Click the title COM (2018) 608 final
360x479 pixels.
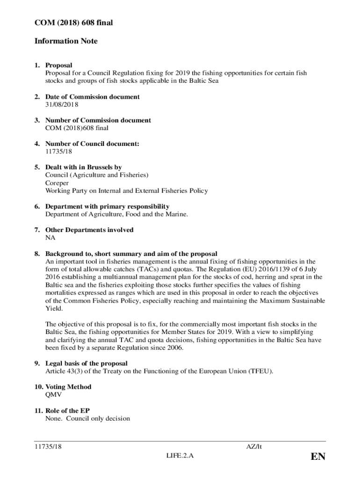[x=74, y=22]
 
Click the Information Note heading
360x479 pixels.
[x=66, y=41]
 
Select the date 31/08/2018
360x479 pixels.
[x=62, y=104]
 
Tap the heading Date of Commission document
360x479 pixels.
[x=92, y=97]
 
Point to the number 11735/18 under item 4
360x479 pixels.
[x=59, y=152]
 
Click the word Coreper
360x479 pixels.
[x=57, y=183]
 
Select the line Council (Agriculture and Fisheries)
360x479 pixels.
[x=97, y=175]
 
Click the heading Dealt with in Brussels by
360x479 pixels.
[x=83, y=167]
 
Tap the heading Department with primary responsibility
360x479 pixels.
[x=107, y=206]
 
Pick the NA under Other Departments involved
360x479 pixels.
[x=50, y=238]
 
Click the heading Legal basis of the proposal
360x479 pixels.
[x=86, y=363]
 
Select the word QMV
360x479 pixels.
[x=54, y=395]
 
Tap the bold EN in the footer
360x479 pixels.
[x=317, y=457]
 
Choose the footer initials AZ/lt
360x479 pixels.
[x=254, y=447]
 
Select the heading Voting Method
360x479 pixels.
[x=68, y=387]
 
